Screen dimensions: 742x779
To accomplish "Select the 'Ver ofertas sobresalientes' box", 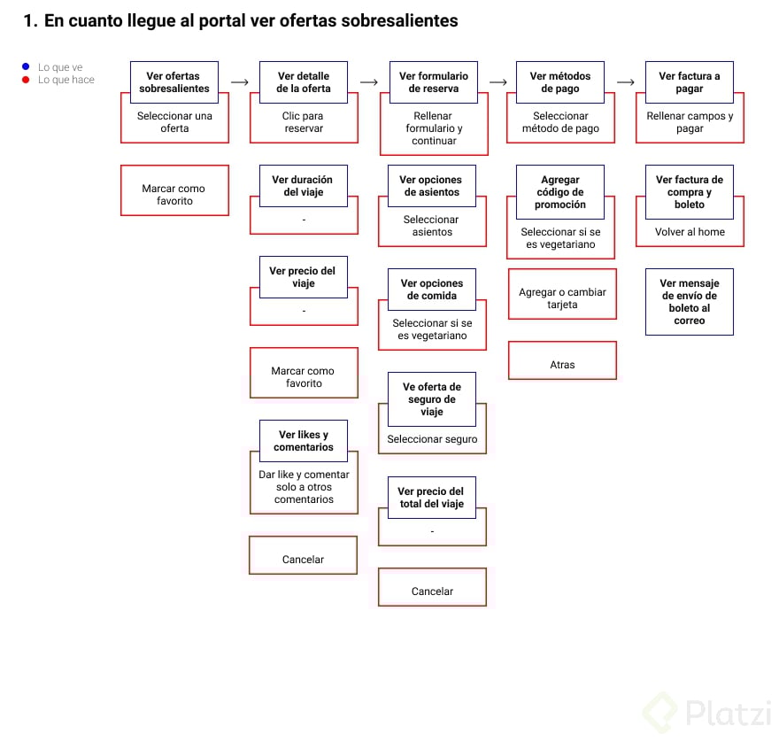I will [174, 82].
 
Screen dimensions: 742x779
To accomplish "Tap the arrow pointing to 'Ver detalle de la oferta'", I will [239, 82].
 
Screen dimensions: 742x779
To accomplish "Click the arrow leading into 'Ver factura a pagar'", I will [626, 82].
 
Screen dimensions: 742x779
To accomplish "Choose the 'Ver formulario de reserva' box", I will [434, 82].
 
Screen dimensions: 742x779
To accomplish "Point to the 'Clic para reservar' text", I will [303, 122].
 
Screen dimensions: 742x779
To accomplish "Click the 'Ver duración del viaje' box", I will [303, 186].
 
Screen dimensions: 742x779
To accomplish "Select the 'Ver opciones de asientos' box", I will [432, 186].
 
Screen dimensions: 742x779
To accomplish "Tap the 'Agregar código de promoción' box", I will [560, 192].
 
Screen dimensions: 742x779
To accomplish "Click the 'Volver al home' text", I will [690, 232].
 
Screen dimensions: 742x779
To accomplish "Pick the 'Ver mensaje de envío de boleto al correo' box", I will [690, 302].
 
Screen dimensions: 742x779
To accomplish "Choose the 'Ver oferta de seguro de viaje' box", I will [432, 399].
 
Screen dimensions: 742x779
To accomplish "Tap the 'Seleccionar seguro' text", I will [432, 439].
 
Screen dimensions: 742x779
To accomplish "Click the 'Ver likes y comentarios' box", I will [303, 441].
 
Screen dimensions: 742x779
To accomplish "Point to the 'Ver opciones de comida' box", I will [432, 290].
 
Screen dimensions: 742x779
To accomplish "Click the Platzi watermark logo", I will [708, 710].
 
